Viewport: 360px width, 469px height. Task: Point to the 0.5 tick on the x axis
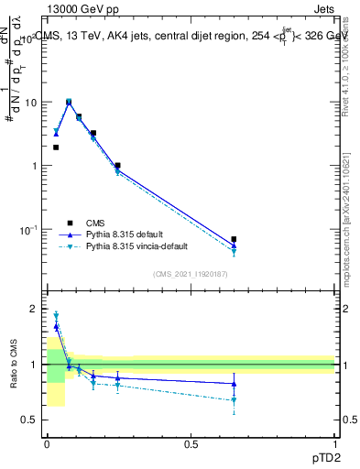190,444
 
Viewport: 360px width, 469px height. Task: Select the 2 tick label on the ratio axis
32,310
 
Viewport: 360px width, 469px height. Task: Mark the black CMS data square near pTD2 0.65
234,239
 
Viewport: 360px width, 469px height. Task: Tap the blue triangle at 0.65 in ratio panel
234,384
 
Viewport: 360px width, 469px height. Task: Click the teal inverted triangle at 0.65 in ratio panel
234,400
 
